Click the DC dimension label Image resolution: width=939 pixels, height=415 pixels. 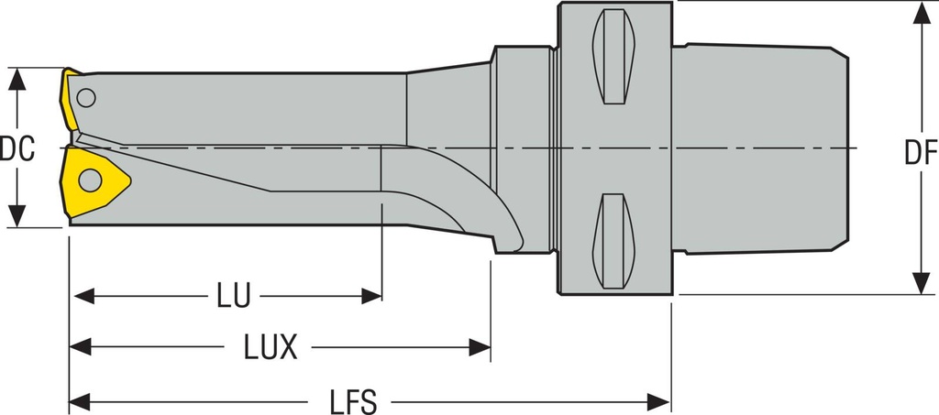pyautogui.click(x=17, y=148)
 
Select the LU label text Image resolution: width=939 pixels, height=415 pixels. pyautogui.click(x=234, y=296)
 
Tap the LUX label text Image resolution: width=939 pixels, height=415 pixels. pyautogui.click(x=271, y=346)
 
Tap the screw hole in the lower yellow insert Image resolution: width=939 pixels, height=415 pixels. pyautogui.click(x=89, y=180)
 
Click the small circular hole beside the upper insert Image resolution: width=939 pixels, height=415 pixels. pyautogui.click(x=86, y=96)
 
